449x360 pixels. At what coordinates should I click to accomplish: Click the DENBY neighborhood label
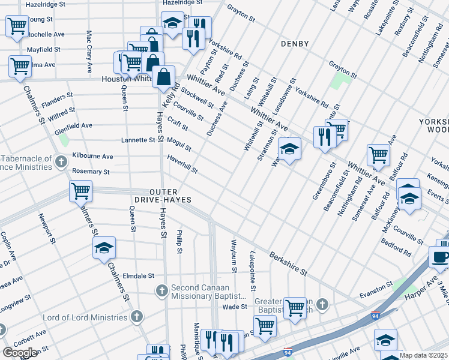tap(294, 44)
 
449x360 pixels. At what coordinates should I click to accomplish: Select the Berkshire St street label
tap(288, 263)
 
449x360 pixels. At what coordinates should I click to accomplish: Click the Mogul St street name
tap(179, 143)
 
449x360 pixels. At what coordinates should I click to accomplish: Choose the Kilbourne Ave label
tap(92, 156)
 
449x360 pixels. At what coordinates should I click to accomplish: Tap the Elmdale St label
tap(138, 276)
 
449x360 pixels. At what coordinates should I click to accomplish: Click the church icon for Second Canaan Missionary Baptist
tap(161, 291)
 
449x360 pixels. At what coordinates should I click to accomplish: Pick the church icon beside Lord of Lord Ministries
tap(137, 316)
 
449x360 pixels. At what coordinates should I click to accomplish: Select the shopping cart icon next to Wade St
tap(294, 307)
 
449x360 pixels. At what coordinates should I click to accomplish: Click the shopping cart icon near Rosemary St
tap(80, 191)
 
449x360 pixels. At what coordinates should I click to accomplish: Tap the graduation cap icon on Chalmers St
tap(104, 247)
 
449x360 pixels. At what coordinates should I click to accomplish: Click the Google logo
tap(20, 352)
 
